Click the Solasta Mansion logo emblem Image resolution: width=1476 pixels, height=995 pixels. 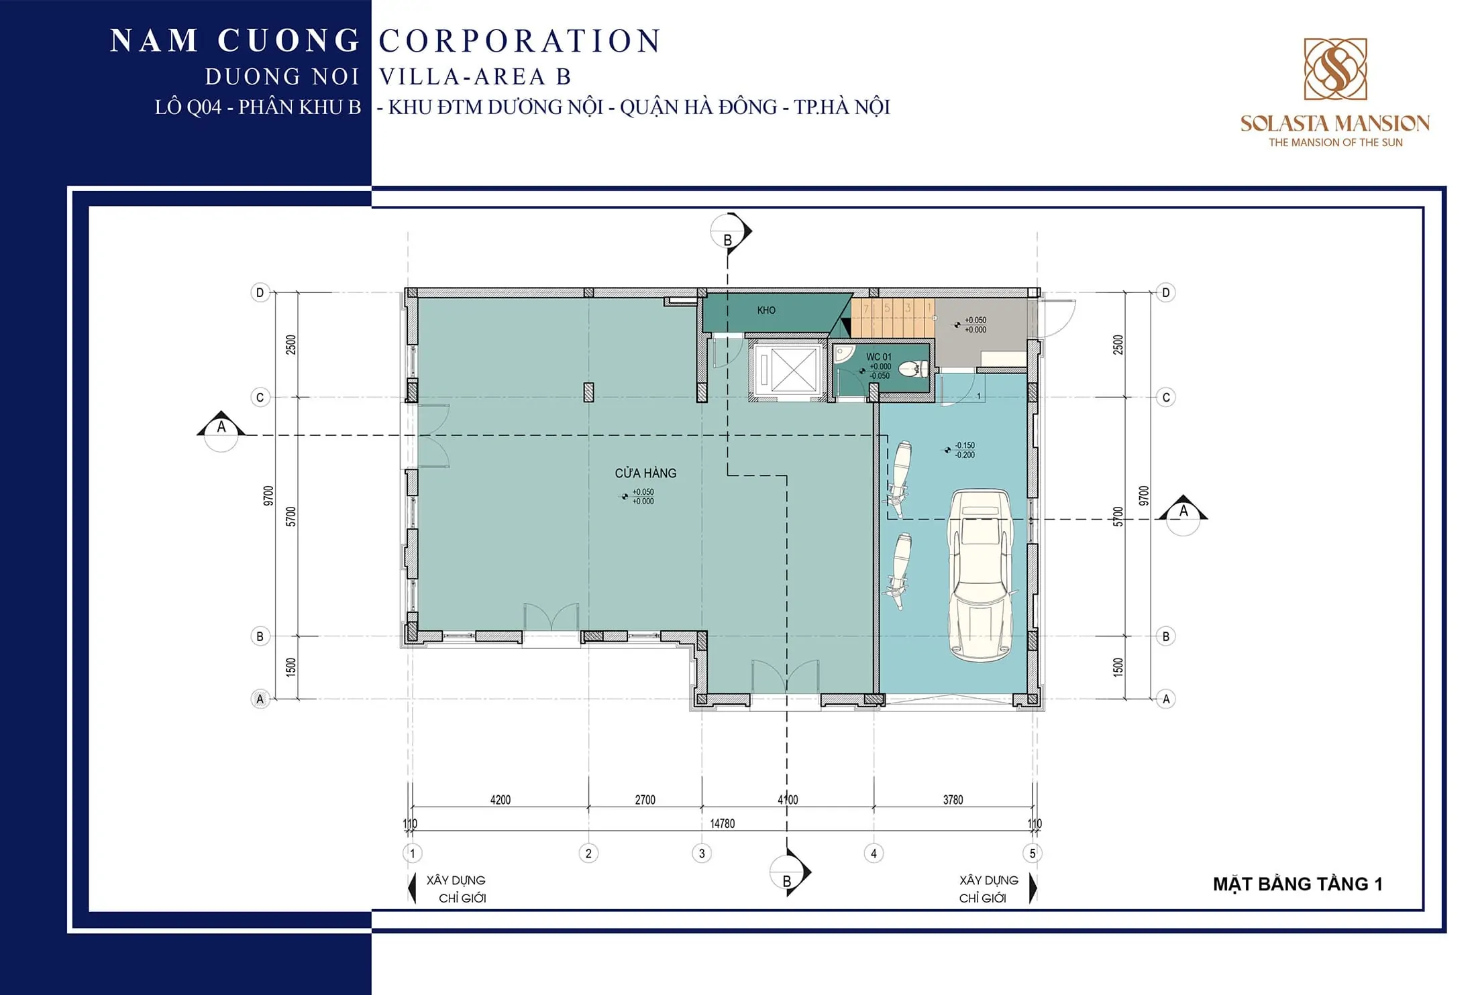tap(1335, 69)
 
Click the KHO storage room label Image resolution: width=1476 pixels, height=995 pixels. tap(766, 310)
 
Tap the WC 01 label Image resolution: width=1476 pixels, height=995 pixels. tap(879, 357)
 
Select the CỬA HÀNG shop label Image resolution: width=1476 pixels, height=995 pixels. tap(645, 473)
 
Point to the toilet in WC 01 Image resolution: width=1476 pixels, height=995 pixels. tap(914, 368)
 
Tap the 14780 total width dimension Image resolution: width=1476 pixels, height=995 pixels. tap(723, 823)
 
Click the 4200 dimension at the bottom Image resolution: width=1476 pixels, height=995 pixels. tap(500, 800)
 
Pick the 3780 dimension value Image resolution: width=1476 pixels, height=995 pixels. tap(953, 800)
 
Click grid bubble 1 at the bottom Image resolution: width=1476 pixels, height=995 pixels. tap(413, 854)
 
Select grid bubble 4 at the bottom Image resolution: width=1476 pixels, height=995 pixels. tap(874, 854)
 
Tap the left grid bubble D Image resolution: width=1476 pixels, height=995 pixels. tap(260, 292)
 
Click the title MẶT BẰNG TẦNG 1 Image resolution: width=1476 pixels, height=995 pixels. tap(1298, 884)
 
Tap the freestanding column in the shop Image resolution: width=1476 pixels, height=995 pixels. tap(588, 392)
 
